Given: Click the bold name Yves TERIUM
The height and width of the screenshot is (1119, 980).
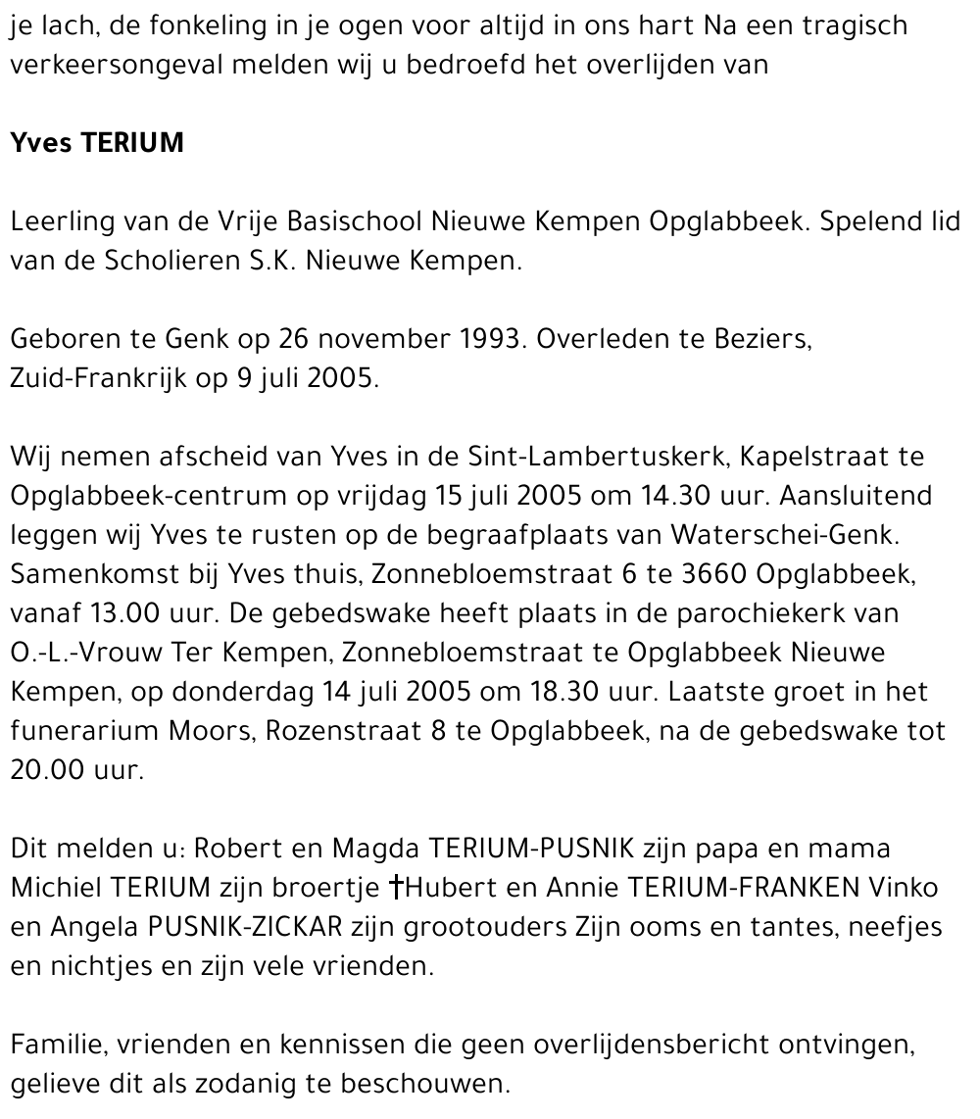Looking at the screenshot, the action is [97, 143].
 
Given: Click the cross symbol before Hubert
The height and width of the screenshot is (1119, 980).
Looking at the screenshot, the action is [397, 889].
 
